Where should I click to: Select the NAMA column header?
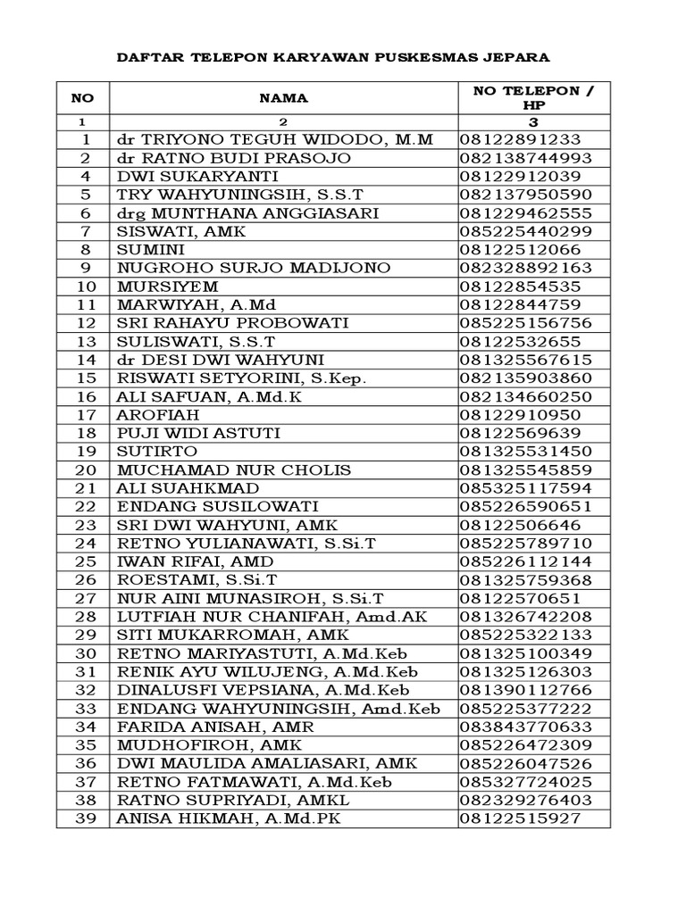click(283, 98)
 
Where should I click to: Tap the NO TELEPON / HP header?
click(533, 97)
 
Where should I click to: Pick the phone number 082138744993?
click(526, 158)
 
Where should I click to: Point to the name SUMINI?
click(150, 250)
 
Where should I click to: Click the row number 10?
click(86, 287)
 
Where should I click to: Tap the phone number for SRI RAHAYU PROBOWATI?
click(526, 323)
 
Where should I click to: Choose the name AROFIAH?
click(158, 415)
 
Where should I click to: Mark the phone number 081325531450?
click(526, 452)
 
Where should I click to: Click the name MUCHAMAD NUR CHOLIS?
click(234, 470)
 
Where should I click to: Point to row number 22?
click(86, 507)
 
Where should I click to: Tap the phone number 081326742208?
click(526, 617)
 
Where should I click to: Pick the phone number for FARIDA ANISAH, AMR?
click(526, 727)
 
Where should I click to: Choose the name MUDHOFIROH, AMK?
click(210, 745)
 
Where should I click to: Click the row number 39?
click(86, 818)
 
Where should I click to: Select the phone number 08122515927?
click(521, 818)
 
